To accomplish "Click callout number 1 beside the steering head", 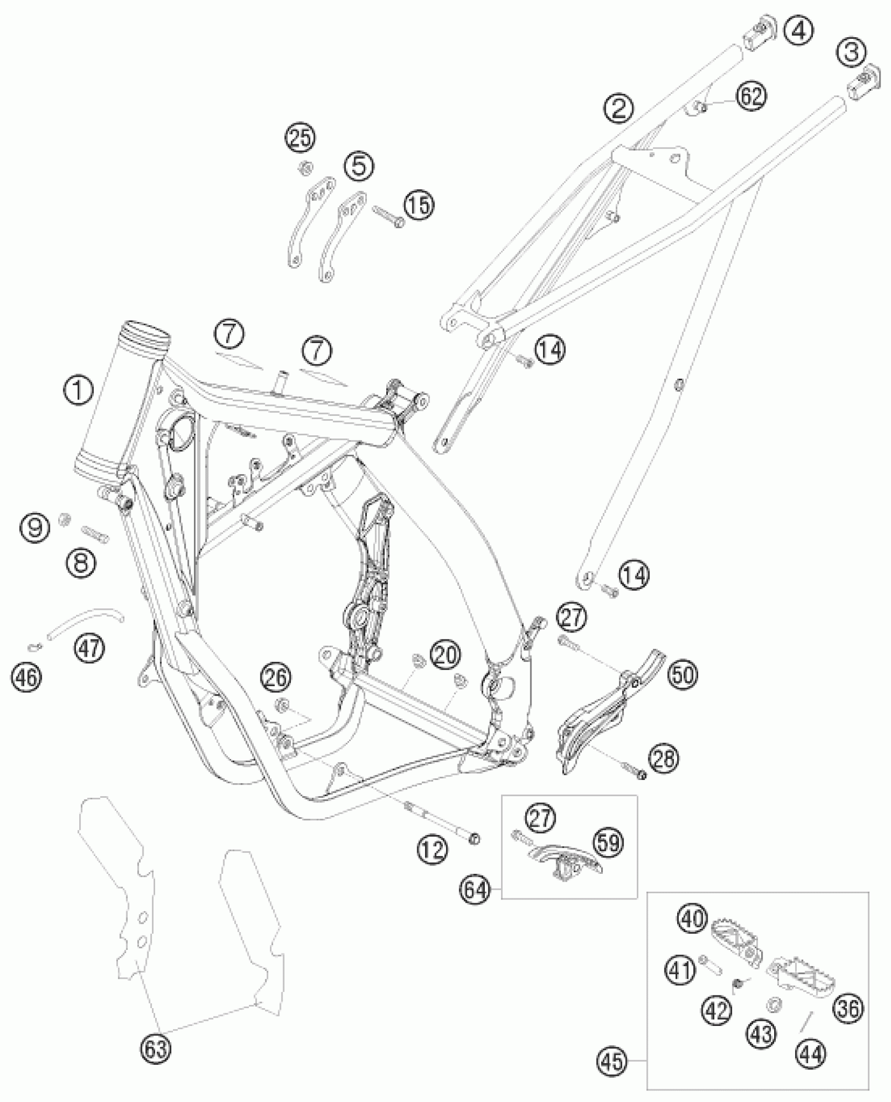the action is click(78, 392).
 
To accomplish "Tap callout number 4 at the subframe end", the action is click(799, 31).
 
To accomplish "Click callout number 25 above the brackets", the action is click(300, 140).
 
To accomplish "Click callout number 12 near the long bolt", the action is click(433, 849).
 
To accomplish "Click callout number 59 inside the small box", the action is click(609, 843).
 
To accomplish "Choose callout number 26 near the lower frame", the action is click(277, 677).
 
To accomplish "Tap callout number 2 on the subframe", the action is click(618, 109).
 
